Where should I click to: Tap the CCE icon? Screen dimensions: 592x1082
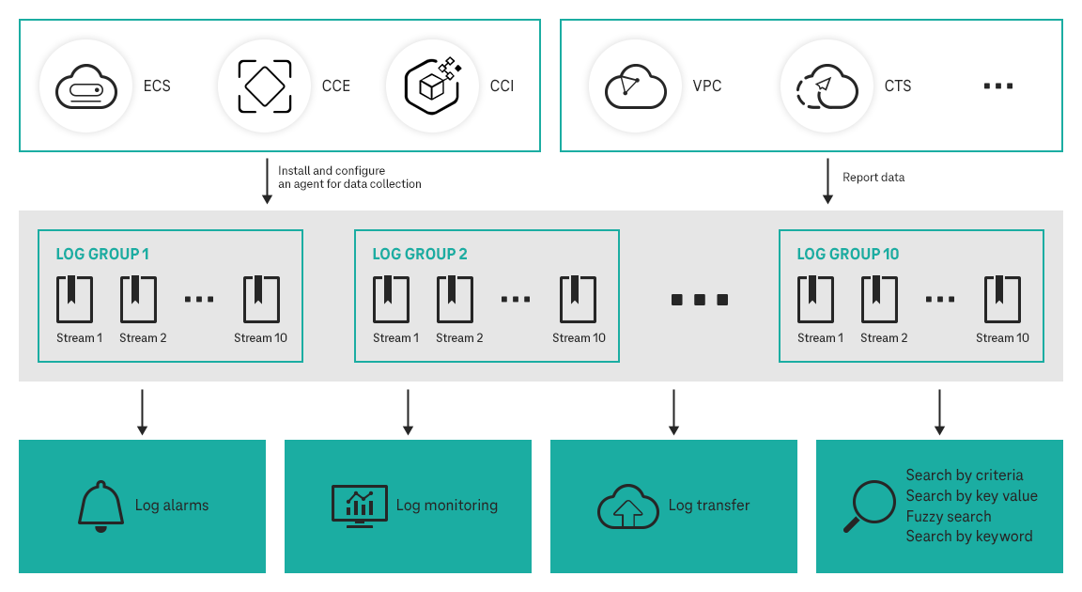point(264,86)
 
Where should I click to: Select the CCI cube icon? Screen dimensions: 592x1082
point(432,86)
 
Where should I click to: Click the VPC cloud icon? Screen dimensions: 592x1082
point(635,86)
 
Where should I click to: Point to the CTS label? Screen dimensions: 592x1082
point(898,86)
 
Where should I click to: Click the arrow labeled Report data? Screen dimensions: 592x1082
point(827,180)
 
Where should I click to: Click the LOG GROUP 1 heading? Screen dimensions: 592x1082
point(102,254)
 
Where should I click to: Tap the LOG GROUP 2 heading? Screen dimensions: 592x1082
point(420,254)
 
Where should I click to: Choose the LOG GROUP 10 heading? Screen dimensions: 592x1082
point(848,254)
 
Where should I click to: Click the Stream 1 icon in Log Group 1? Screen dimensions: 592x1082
point(75,300)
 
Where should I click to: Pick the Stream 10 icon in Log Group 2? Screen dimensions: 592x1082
point(579,300)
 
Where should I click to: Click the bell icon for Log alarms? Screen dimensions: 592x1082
point(100,507)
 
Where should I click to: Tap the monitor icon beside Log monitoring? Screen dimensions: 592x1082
point(359,506)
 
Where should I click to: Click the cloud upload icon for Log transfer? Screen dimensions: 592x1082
point(627,507)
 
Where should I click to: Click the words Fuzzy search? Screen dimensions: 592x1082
point(948,517)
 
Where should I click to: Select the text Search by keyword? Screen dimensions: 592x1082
point(968,537)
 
